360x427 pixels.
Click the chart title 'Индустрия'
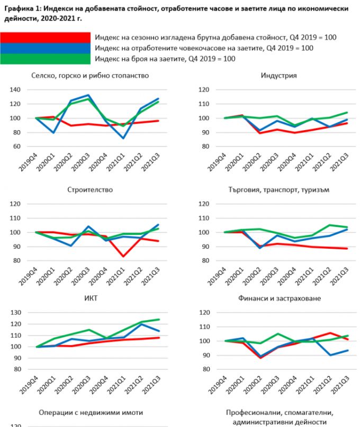click(278, 76)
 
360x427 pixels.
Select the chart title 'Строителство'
click(90, 190)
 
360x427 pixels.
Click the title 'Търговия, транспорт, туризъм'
click(278, 190)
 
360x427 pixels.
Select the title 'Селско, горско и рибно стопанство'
click(90, 76)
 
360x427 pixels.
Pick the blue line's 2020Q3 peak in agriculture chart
click(88, 95)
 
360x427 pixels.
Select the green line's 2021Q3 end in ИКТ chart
click(159, 319)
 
